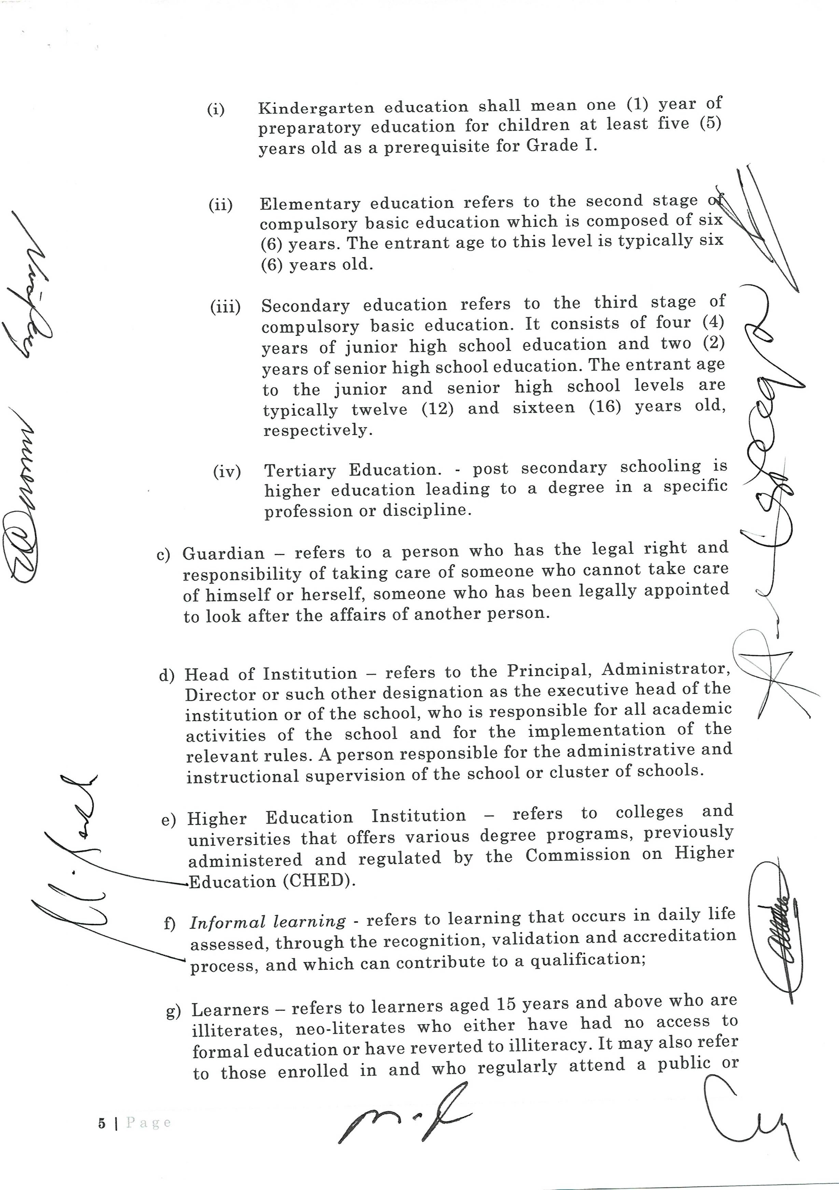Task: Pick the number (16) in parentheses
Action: click(605, 406)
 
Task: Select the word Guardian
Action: click(223, 554)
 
